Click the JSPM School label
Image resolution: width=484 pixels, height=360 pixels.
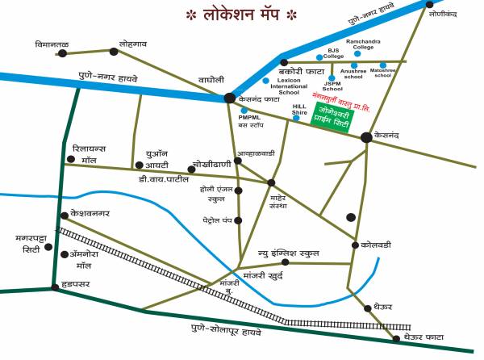pyautogui.click(x=332, y=86)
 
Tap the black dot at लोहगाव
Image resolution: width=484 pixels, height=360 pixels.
pyautogui.click(x=114, y=52)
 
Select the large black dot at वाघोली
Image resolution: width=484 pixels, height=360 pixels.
pyautogui.click(x=230, y=98)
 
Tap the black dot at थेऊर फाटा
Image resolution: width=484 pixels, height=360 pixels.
pyautogui.click(x=394, y=337)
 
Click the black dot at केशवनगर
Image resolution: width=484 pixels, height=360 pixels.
pyautogui.click(x=65, y=215)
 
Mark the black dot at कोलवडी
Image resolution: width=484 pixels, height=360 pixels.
pyautogui.click(x=355, y=245)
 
